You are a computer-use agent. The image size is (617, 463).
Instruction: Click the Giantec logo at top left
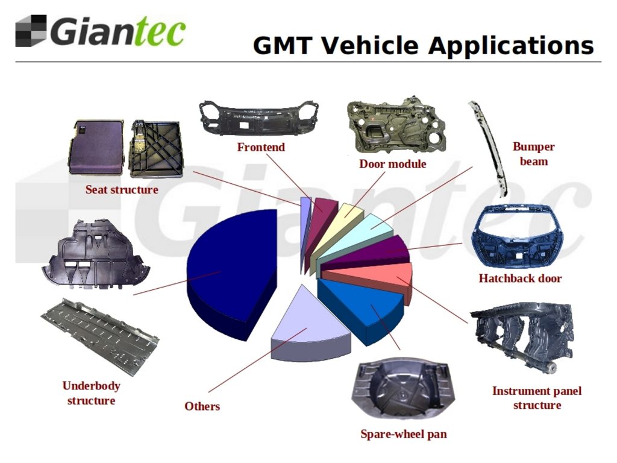101,31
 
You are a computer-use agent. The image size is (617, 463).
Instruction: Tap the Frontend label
261,147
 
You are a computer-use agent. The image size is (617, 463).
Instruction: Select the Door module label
393,164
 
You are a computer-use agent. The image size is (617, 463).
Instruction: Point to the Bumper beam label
534,154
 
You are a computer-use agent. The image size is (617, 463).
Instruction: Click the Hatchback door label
520,279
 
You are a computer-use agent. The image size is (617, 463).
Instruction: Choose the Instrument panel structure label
537,398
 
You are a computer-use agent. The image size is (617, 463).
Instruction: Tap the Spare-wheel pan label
404,434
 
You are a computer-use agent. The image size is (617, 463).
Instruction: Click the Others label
202,406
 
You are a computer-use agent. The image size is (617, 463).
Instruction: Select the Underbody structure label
91,393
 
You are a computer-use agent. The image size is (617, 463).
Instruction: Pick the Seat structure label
122,190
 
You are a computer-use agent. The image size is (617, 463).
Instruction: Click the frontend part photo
258,118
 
